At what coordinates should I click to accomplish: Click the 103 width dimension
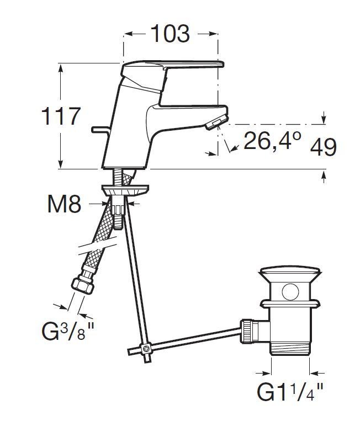[170, 34]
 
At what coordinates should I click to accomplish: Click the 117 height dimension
[61, 116]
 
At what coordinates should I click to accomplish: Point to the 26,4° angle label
[272, 141]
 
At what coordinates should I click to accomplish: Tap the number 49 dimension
[323, 147]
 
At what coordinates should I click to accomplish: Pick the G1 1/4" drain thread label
[290, 392]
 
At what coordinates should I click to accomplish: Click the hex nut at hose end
[82, 285]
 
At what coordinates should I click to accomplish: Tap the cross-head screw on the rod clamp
[147, 349]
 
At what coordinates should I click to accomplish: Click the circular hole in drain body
[290, 291]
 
